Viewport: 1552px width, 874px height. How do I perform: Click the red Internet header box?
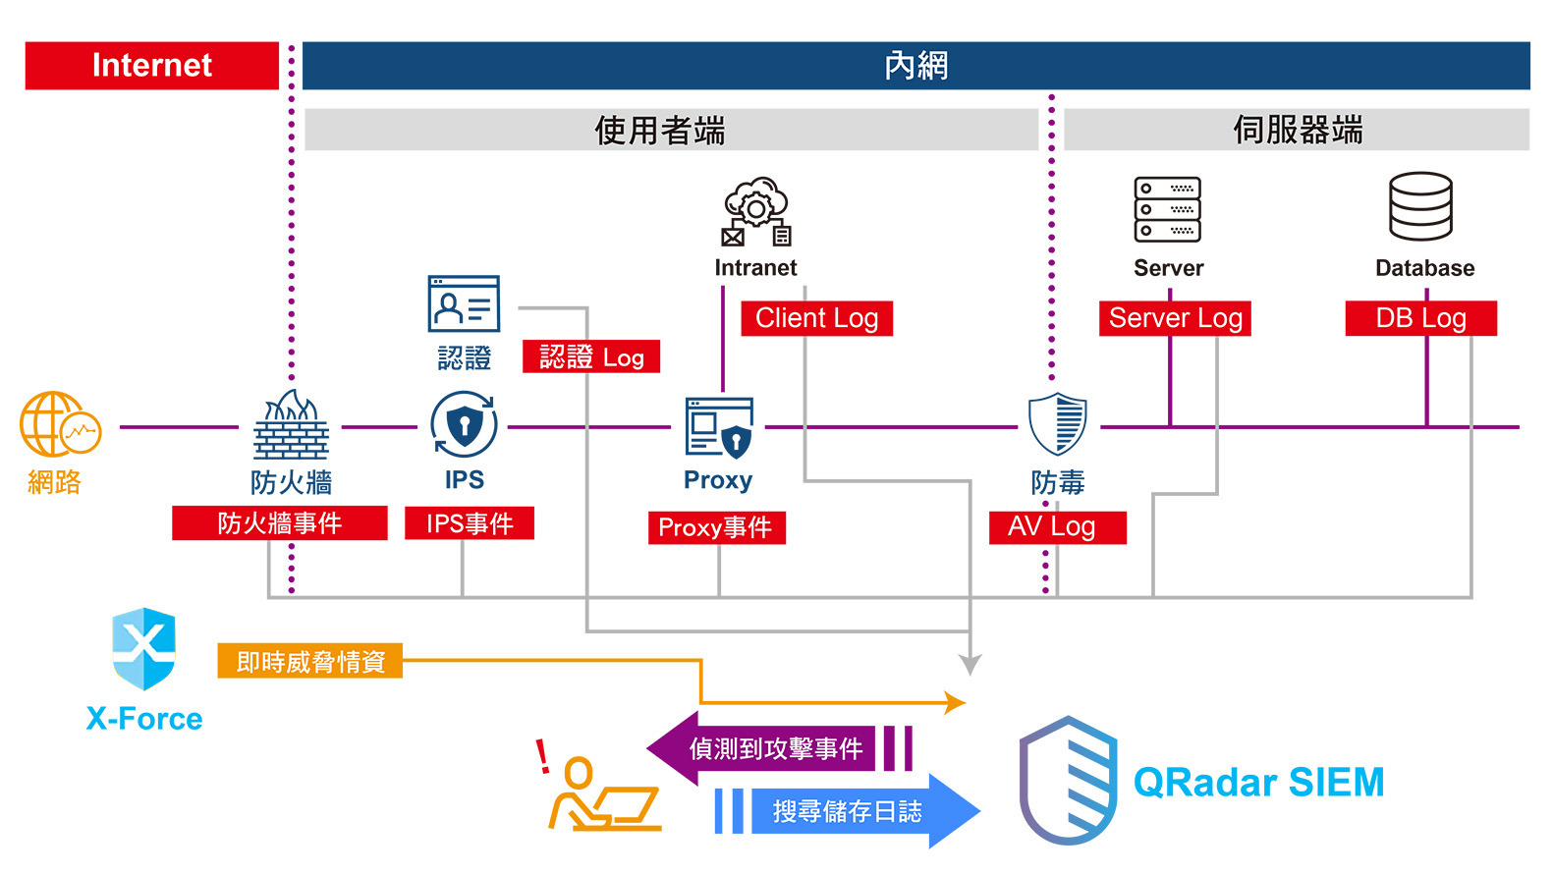tap(152, 66)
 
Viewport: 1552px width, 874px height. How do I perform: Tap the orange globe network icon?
tap(59, 424)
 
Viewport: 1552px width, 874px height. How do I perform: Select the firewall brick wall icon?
tap(291, 426)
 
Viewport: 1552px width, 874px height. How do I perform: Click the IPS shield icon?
tap(464, 424)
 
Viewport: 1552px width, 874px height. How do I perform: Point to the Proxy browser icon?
tap(719, 427)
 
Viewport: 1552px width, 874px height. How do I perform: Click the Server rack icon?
tap(1167, 209)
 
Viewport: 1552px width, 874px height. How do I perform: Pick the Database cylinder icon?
tap(1420, 206)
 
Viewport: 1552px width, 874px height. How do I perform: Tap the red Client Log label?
tap(816, 318)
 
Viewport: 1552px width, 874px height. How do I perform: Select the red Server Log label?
tap(1175, 318)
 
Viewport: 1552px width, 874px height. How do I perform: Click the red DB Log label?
tap(1420, 318)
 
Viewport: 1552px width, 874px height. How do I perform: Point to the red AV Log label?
tap(1057, 527)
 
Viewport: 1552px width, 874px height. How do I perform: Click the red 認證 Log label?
tap(591, 356)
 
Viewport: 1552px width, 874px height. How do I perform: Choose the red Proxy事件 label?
tap(716, 527)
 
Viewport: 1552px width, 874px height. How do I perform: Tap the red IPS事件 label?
tap(470, 523)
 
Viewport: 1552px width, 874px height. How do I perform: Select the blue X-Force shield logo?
tap(143, 649)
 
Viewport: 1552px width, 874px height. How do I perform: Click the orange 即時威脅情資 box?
tap(310, 662)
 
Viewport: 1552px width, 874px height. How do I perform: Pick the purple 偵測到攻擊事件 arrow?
tap(776, 748)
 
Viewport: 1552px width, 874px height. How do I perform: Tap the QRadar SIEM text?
tap(1258, 783)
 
